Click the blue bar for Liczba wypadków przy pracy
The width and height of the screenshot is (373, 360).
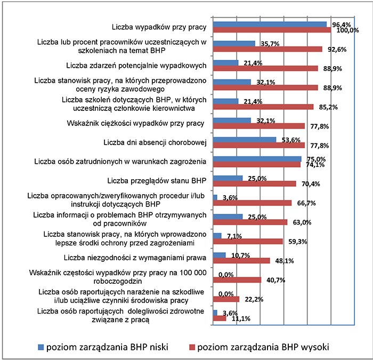[270, 25]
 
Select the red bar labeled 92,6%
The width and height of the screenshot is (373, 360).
[267, 49]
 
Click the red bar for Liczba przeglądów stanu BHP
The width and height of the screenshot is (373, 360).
[254, 184]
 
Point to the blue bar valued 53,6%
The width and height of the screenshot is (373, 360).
[245, 140]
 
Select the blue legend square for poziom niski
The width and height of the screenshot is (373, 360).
[41, 347]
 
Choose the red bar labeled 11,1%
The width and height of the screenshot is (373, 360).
[220, 318]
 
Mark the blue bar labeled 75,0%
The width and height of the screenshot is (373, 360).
[257, 159]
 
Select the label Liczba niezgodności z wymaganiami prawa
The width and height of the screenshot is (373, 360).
[135, 258]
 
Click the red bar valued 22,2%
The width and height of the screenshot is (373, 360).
[226, 299]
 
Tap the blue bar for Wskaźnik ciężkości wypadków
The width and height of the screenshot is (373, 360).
[232, 121]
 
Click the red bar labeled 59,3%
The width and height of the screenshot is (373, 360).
[248, 242]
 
